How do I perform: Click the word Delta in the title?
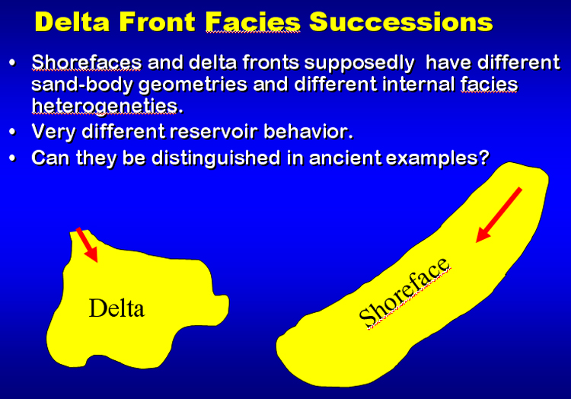click(72, 22)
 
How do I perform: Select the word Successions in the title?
click(400, 22)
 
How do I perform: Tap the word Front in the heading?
click(158, 22)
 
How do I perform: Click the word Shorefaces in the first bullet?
click(86, 62)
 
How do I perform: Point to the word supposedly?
click(359, 63)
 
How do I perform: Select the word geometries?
click(193, 85)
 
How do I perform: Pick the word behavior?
click(308, 132)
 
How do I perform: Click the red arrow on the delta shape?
click(87, 244)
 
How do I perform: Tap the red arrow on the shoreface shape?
click(499, 215)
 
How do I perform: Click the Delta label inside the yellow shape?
click(116, 308)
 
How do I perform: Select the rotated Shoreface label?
click(404, 293)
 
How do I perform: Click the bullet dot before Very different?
click(13, 132)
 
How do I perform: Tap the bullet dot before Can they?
click(13, 158)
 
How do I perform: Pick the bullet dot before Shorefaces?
click(13, 62)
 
